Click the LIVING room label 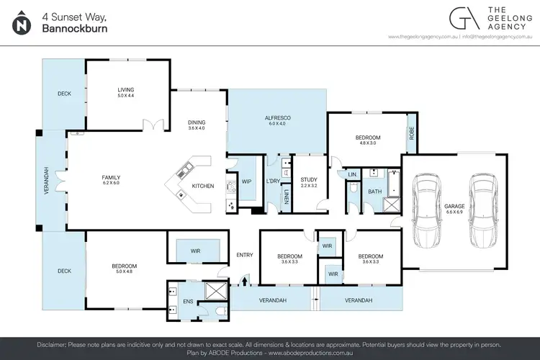tap(126, 90)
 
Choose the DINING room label tap(197, 122)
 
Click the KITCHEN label tap(202, 186)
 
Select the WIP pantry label tap(246, 181)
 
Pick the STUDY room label tap(310, 180)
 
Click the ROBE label tap(411, 132)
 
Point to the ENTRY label tap(245, 255)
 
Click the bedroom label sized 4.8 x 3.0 tap(367, 138)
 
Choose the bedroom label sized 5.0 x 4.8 tap(125, 266)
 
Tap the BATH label tap(374, 192)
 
